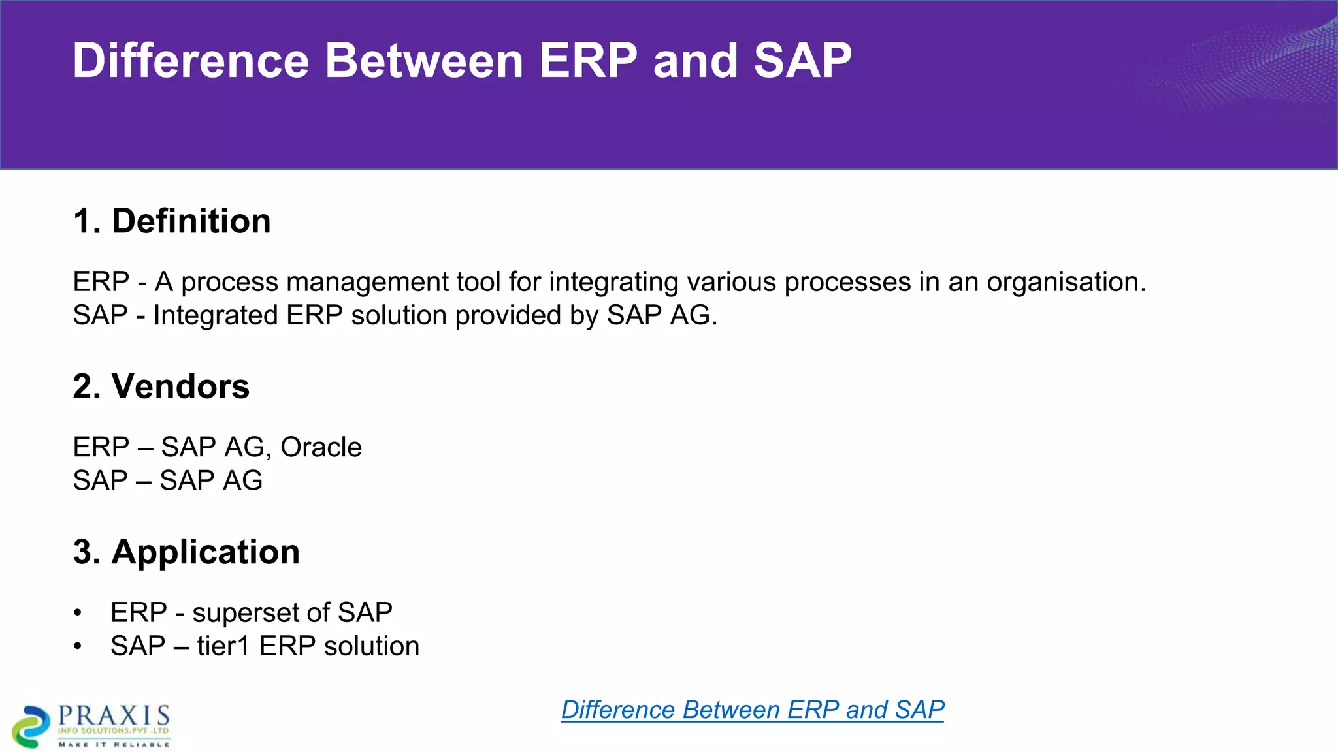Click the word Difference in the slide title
pos(190,61)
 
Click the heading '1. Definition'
pos(172,221)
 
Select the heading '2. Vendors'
pos(161,386)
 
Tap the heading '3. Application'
pos(186,552)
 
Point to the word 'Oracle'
pos(321,447)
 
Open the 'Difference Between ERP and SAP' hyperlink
pos(753,710)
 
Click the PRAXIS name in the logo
pos(114,715)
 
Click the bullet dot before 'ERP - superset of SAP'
pos(78,613)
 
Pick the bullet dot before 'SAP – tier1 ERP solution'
pos(78,646)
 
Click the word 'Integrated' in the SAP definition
pos(215,315)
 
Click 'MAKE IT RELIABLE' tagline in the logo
pos(114,744)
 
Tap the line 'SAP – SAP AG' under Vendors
pos(167,480)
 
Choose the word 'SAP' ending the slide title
pos(802,61)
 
